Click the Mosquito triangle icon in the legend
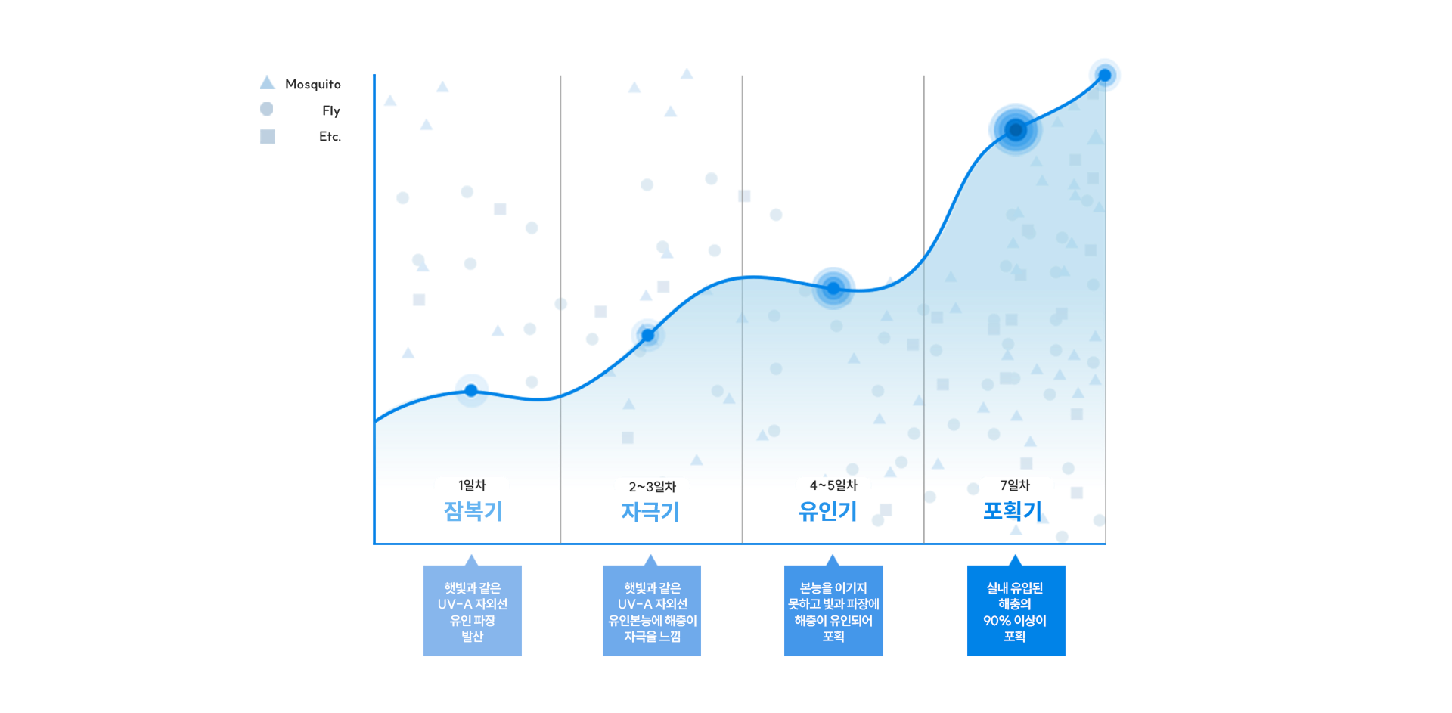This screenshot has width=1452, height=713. point(268,82)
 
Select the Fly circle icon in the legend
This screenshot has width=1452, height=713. point(267,109)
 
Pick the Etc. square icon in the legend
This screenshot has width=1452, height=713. point(268,136)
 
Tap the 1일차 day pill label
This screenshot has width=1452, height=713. point(472,485)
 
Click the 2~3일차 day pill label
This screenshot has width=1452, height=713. point(652,486)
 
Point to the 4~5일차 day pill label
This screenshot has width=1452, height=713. point(833,485)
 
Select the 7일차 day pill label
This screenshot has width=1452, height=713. point(1015,485)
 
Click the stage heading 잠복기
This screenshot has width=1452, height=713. point(473,512)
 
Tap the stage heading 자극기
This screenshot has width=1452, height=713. point(650,512)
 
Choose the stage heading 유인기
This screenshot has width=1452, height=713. point(828,512)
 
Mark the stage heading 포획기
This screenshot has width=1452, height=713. point(1012,512)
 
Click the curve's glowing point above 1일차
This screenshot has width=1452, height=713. point(472,389)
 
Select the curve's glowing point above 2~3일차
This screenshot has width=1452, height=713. point(647,333)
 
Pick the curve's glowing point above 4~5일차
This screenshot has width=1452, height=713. point(833,286)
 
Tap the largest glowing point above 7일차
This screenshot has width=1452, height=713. point(1015,129)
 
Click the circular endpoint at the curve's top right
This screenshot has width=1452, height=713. point(1105,74)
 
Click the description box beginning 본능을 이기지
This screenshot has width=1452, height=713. point(833,611)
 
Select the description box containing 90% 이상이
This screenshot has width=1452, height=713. point(1016,611)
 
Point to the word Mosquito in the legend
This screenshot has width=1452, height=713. point(313,84)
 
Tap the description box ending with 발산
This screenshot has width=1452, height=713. point(473,611)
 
